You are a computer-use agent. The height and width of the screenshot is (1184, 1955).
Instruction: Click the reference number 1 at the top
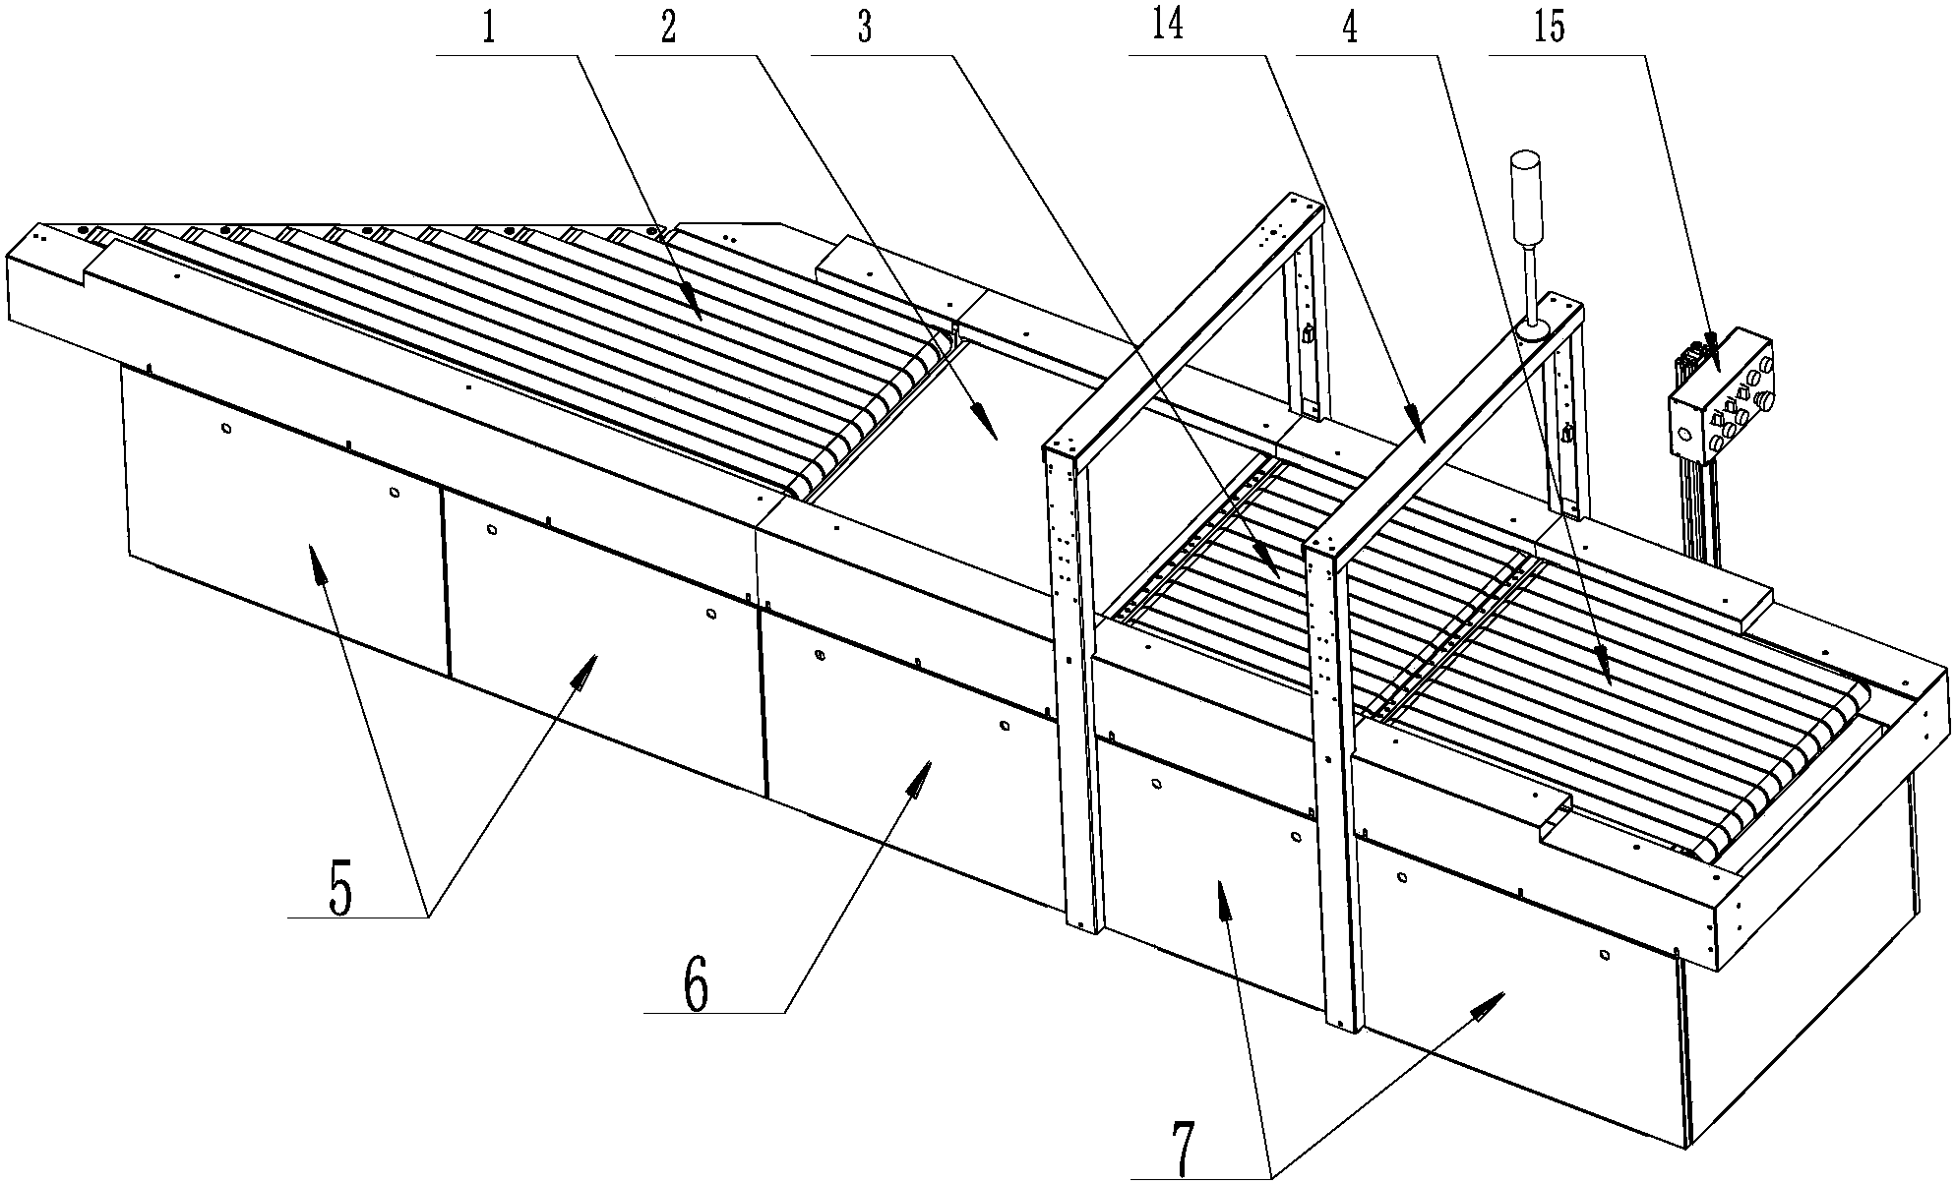tap(488, 29)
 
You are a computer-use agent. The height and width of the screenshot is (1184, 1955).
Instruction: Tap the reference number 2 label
tap(669, 29)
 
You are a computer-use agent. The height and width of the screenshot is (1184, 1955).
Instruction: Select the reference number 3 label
tap(864, 29)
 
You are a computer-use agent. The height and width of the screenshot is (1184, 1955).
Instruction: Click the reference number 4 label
tap(1350, 29)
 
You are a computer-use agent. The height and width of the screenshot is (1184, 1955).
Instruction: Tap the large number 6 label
tap(696, 986)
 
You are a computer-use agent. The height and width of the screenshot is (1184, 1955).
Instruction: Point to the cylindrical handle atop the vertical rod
tap(1526, 198)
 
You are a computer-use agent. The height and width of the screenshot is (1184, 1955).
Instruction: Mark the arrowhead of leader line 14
tap(1413, 421)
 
